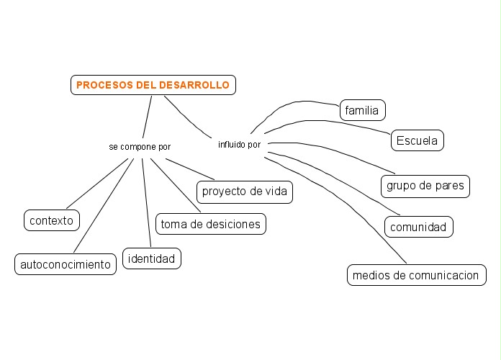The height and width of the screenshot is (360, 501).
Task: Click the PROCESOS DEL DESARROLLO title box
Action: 153,85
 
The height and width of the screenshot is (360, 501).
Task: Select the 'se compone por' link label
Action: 140,147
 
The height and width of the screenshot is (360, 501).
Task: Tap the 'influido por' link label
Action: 239,145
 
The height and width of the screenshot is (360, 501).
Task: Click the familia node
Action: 362,110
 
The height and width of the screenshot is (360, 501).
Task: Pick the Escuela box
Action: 417,140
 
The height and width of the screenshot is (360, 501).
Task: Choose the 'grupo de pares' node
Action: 425,186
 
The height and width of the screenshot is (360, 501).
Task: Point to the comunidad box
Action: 419,228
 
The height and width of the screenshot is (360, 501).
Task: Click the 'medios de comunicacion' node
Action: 416,275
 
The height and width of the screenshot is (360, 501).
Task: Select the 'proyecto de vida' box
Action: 245,192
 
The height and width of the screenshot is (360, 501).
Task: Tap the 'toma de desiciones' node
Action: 210,224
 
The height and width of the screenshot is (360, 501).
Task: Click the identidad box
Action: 151,258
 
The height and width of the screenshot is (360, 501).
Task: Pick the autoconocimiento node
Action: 66,264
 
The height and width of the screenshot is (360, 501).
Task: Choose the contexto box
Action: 52,220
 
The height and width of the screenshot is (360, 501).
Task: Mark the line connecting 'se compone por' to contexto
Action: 94,186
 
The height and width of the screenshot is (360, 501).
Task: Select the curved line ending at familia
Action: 288,107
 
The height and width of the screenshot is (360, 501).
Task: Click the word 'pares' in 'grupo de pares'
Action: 451,186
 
